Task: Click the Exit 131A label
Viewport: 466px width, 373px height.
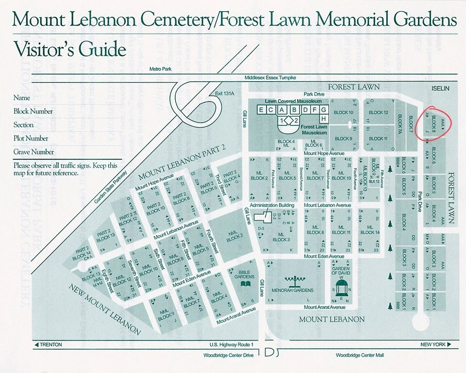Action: point(224,94)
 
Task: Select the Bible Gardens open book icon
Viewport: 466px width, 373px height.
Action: point(247,283)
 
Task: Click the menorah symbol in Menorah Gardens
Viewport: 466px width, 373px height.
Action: point(292,281)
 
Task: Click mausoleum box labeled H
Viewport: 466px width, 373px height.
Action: point(323,119)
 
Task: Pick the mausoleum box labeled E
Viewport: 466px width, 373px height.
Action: point(262,110)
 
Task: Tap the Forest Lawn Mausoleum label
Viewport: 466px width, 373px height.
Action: point(314,130)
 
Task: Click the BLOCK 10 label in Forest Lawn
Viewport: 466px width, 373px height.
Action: point(344,113)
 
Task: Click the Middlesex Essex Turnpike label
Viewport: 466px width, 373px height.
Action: point(270,78)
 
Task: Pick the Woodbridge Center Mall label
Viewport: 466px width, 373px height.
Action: point(359,356)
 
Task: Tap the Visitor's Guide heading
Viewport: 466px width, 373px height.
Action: point(69,50)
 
